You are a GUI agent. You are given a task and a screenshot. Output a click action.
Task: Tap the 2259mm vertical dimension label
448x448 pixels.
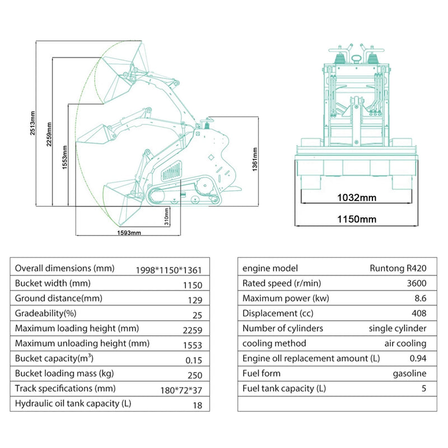pos(49,134)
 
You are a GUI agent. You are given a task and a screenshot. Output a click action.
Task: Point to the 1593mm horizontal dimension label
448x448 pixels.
pos(129,233)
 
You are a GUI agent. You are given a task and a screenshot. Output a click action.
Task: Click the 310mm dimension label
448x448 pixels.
pos(167,214)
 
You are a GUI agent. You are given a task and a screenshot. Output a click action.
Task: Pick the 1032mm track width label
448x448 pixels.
pos(356,197)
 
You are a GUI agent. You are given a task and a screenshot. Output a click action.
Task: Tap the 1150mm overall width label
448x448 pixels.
pos(356,219)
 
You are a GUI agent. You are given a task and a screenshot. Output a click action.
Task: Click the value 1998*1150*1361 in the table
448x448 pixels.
pos(169,269)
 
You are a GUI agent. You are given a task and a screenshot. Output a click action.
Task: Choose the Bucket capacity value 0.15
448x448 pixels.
pos(193,360)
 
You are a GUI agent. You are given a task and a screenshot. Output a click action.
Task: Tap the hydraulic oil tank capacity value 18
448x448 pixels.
pos(197,405)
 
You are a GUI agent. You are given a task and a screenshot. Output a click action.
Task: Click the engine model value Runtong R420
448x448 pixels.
pos(398,268)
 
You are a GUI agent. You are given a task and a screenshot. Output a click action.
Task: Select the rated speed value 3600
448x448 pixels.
pos(416,283)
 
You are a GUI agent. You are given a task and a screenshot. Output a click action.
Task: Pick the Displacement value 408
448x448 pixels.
pos(418,314)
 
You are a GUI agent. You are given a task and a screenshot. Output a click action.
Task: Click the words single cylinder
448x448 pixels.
pos(398,329)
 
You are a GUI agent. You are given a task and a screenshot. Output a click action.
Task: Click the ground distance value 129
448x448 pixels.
pos(194,300)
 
